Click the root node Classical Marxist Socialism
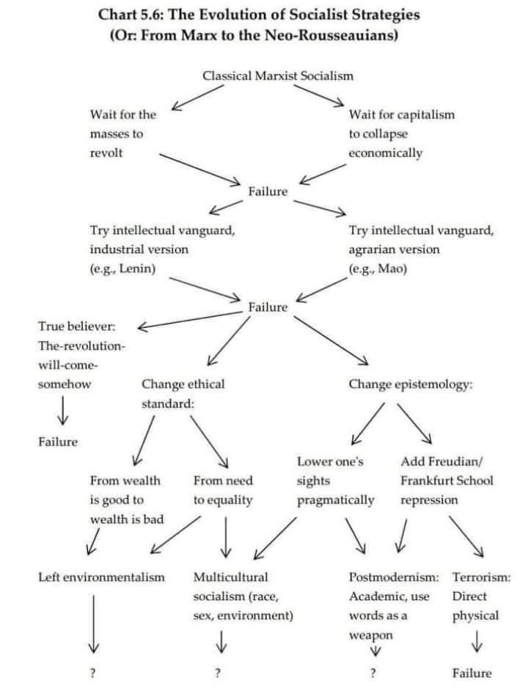[277, 76]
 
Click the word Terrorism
[481, 577]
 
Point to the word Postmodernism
[394, 577]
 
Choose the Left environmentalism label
[101, 577]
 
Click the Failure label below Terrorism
[472, 674]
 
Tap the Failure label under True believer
[57, 442]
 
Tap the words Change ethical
[183, 384]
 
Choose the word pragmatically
[335, 500]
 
